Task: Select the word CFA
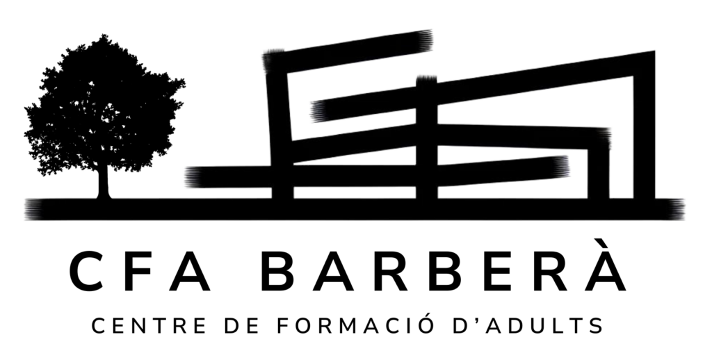[x=140, y=272]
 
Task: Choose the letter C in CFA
[x=87, y=272]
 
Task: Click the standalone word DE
[x=241, y=326]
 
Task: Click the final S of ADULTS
[x=597, y=326]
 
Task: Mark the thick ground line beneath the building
[x=354, y=209]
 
